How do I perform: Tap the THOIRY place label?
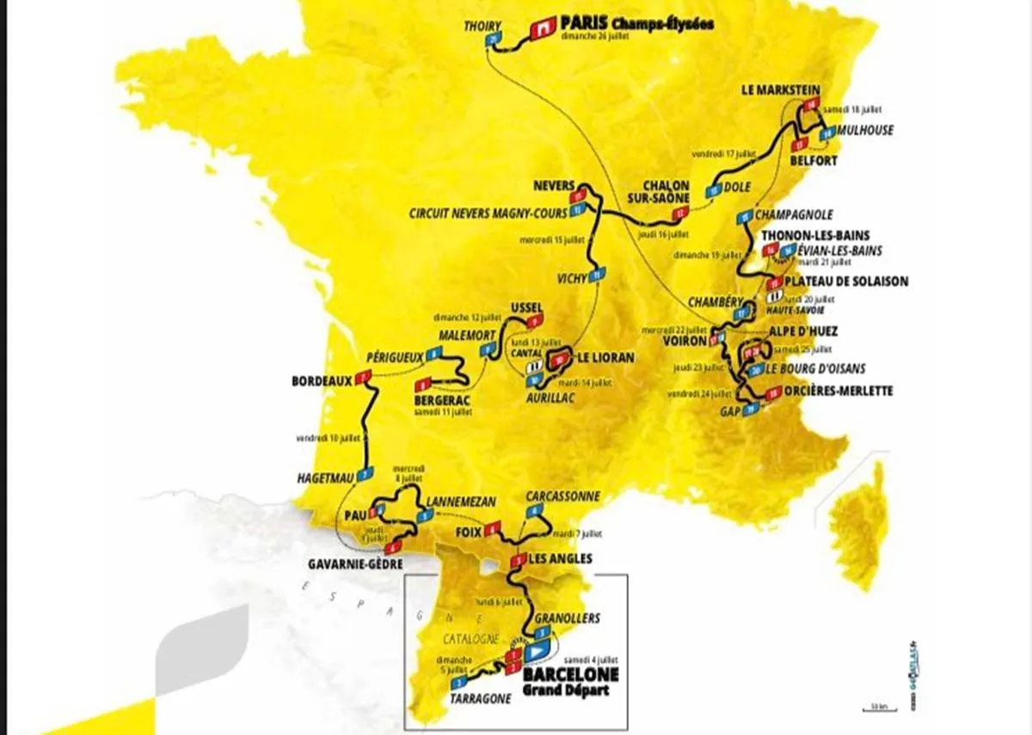pos(482,25)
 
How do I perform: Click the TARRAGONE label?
pos(479,700)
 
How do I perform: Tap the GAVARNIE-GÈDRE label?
pos(354,565)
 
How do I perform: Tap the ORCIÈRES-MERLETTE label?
pos(838,391)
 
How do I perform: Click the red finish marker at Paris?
pos(542,29)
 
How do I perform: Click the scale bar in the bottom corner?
pos(878,709)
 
